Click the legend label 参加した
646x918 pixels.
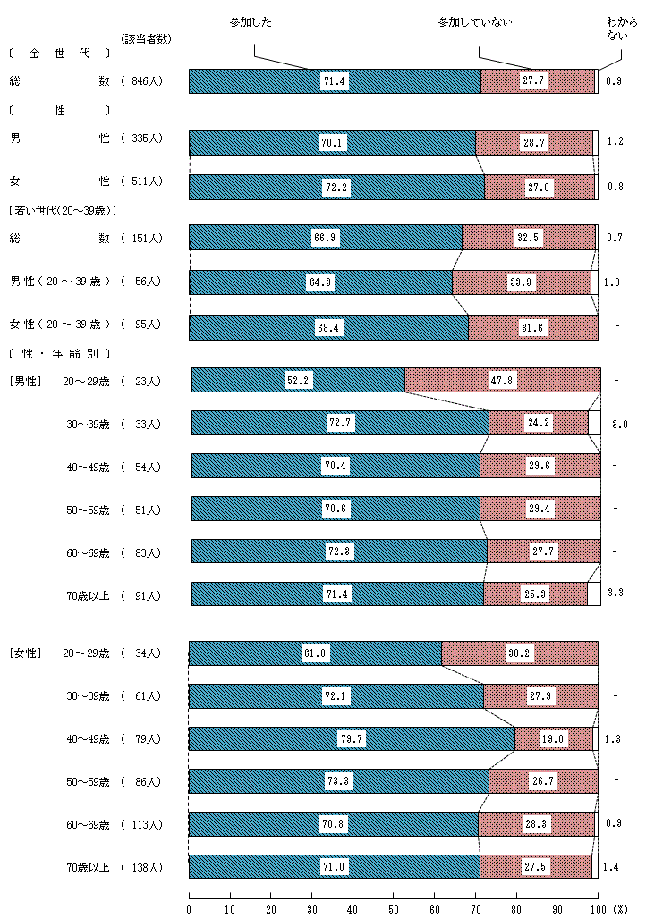point(254,21)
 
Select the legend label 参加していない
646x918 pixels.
point(475,21)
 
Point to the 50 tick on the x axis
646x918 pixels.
point(394,909)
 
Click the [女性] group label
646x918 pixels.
point(25,653)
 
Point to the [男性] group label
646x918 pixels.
point(25,382)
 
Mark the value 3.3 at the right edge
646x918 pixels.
point(616,592)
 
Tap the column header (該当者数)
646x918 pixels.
point(146,38)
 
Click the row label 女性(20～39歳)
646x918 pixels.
point(60,324)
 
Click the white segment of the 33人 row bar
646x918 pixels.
point(594,423)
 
